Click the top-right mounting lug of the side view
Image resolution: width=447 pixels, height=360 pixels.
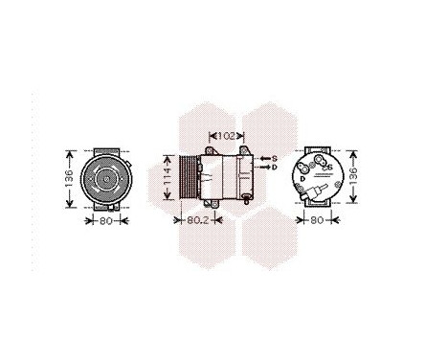tap(245, 152)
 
